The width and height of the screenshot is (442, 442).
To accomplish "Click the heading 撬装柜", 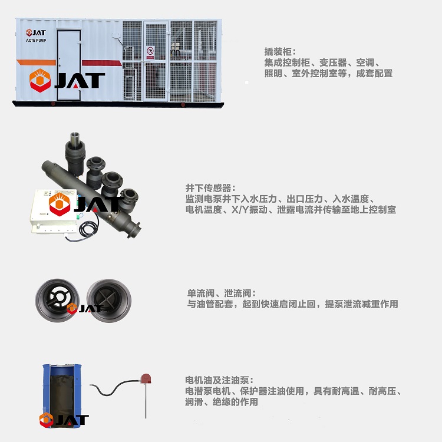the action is [278, 52].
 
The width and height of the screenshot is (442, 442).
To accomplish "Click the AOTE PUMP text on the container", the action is [36, 40].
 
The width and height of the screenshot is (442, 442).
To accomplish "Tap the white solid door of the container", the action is [69, 65].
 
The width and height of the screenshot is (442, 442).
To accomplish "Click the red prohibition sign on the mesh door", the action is [150, 52].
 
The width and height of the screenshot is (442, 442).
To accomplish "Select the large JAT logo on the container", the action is [67, 80].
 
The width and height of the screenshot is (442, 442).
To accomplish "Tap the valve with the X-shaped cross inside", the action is [109, 301].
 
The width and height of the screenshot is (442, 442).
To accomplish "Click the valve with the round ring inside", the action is [57, 301].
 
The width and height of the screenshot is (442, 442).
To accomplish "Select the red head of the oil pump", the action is [146, 378].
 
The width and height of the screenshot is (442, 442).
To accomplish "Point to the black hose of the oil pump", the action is [114, 388].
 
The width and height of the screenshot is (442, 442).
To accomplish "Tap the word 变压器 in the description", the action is [332, 62].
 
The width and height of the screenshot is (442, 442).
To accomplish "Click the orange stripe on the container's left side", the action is [36, 62].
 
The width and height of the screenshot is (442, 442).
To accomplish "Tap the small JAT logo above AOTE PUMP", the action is [36, 32].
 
